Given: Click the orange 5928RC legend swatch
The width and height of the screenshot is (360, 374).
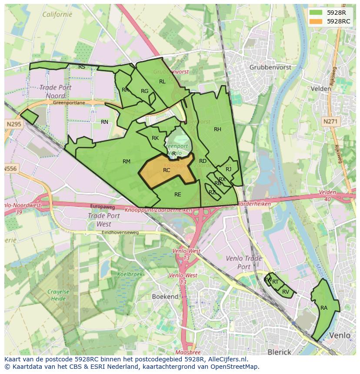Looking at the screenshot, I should (x=316, y=21).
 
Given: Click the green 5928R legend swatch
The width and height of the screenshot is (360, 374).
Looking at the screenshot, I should (x=316, y=13).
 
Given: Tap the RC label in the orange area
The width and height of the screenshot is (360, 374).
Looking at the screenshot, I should (x=167, y=170).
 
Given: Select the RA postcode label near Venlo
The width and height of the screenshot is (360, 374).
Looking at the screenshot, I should (x=324, y=308).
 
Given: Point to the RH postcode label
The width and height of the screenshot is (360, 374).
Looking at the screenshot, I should (x=217, y=129).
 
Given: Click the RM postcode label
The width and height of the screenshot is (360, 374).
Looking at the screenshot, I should (x=127, y=162).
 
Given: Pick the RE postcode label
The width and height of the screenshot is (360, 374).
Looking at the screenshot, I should (x=177, y=195).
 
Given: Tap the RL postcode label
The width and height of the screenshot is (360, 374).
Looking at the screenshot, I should (x=162, y=81).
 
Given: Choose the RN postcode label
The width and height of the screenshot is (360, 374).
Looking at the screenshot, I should (x=104, y=122).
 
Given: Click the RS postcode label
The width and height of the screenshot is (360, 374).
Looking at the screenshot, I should (x=82, y=67).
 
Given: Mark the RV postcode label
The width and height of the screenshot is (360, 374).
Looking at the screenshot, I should (x=286, y=292).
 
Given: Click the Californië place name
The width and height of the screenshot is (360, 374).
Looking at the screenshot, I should (x=57, y=14).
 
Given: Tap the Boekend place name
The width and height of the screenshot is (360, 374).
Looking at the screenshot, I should (x=165, y=297).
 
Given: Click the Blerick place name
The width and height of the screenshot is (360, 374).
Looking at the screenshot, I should (x=279, y=352).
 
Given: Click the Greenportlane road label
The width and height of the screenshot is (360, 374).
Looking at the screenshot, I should (x=69, y=103).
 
